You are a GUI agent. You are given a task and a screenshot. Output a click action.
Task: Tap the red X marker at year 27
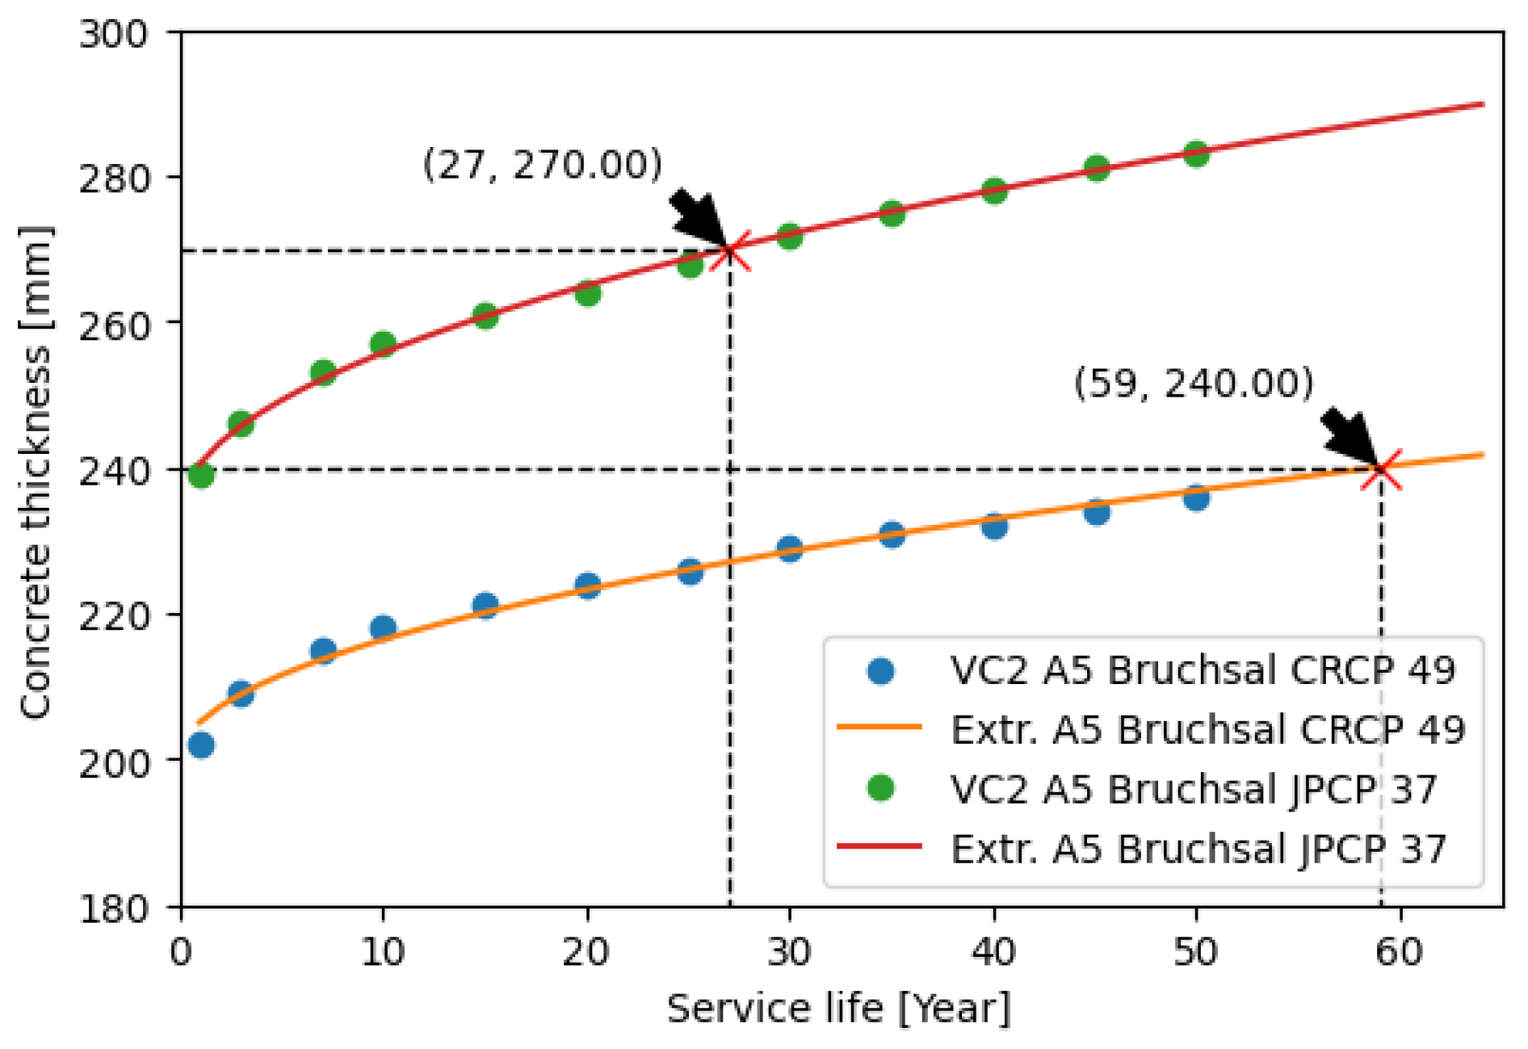[x=730, y=250]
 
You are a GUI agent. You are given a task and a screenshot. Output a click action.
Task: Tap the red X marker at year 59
[x=1381, y=469]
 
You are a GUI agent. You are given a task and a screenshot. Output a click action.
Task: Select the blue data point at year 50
[x=1196, y=497]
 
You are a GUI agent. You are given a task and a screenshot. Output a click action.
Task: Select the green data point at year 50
[x=1196, y=153]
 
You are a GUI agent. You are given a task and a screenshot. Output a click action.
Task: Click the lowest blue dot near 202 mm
[x=201, y=745]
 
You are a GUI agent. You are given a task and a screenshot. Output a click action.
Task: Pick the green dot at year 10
[x=383, y=345]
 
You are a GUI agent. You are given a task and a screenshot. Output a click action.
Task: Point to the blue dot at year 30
[x=789, y=549]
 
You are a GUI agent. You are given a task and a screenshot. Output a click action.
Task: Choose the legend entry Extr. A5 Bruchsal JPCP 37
[x=1198, y=849]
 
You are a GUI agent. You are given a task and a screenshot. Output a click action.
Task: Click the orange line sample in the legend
[x=879, y=728]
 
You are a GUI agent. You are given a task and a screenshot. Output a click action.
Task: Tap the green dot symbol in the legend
[x=880, y=788]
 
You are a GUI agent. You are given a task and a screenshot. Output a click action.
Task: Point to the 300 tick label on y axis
[x=114, y=34]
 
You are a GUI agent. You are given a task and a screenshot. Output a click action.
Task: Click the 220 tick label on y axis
[x=114, y=616]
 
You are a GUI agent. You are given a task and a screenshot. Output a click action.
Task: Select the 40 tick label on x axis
[x=993, y=953]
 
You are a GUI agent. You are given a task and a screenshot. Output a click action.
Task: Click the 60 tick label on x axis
[x=1400, y=953]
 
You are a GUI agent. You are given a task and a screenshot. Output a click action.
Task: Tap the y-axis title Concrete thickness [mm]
[x=36, y=472]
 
